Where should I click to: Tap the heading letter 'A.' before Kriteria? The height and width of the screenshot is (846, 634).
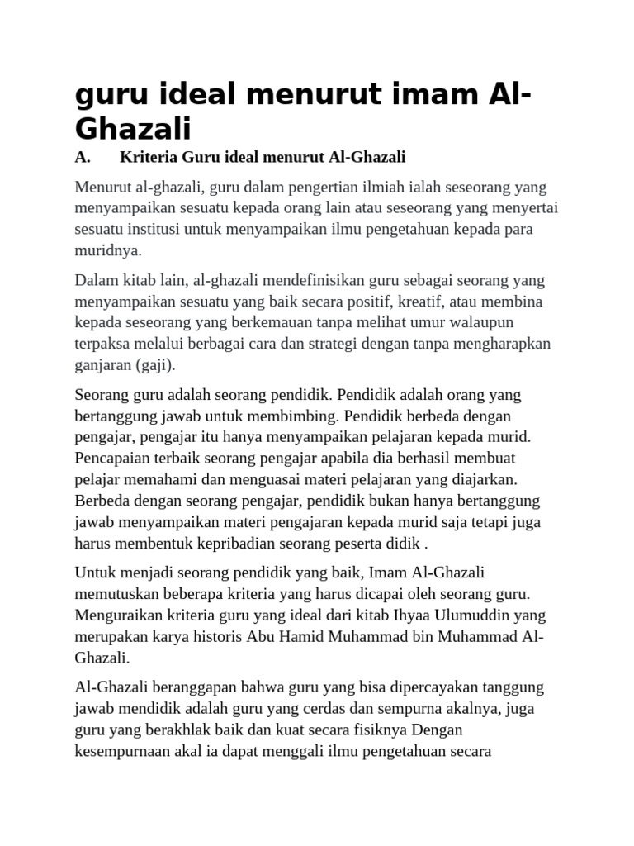tap(82, 157)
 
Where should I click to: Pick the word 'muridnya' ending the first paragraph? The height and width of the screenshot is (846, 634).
tap(106, 250)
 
